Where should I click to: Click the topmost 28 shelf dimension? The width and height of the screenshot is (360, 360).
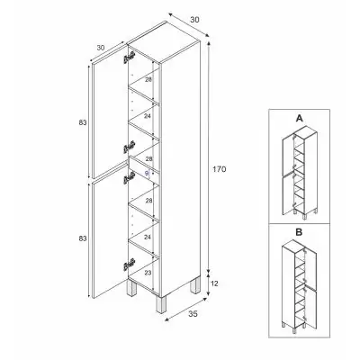click(149, 80)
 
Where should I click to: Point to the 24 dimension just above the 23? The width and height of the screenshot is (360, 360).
click(148, 238)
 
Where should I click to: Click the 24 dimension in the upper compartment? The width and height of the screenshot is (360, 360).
click(149, 114)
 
